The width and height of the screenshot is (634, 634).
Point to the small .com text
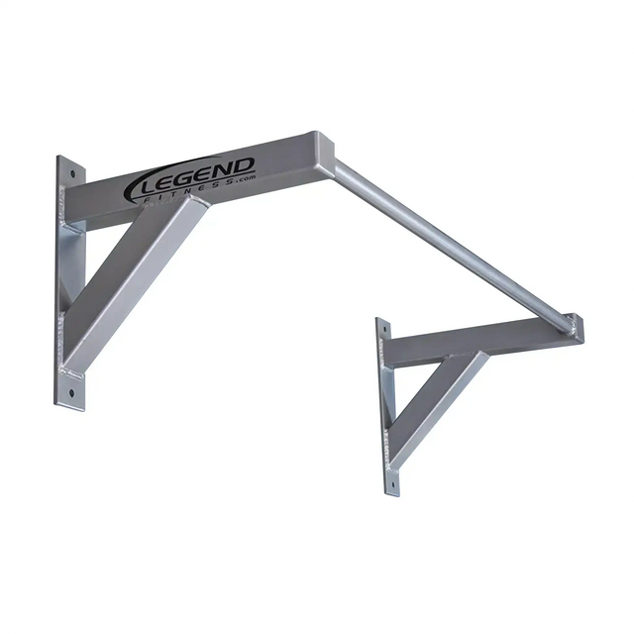coord(245,177)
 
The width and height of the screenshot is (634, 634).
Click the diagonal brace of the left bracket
coord(139,277)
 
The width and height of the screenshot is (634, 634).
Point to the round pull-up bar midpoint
coord(451,244)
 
